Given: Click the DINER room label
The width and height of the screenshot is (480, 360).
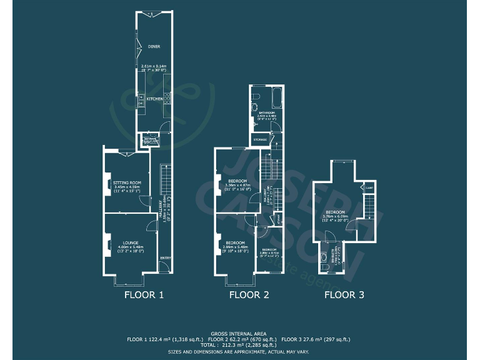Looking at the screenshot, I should pyautogui.click(x=153, y=46).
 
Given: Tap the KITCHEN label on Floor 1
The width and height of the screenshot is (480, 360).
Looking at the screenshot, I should pyautogui.click(x=154, y=99).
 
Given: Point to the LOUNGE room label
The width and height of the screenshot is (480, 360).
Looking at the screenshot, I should pyautogui.click(x=131, y=242).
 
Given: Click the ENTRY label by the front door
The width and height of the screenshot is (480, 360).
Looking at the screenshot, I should pyautogui.click(x=165, y=258).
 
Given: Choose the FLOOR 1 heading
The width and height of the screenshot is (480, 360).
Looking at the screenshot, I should pyautogui.click(x=144, y=295).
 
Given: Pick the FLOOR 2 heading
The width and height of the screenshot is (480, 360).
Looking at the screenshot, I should pyautogui.click(x=249, y=295).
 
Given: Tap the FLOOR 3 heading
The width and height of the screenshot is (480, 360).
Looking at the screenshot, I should pyautogui.click(x=344, y=295).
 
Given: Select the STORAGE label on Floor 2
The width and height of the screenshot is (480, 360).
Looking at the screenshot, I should pyautogui.click(x=260, y=139).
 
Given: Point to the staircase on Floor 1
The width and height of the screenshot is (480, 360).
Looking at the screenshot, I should pyautogui.click(x=165, y=178).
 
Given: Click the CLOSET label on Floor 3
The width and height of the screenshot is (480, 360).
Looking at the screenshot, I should pyautogui.click(x=369, y=187).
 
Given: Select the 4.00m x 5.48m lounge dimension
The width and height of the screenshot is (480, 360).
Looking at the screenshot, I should pyautogui.click(x=131, y=247).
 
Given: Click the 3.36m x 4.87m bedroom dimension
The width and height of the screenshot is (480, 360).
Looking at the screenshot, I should pyautogui.click(x=237, y=185).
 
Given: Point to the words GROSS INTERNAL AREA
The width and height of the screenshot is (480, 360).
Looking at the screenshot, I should pyautogui.click(x=240, y=333).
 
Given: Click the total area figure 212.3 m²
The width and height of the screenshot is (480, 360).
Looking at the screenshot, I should pyautogui.click(x=240, y=344).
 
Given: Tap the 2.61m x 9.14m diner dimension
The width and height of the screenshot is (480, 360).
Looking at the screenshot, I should pyautogui.click(x=153, y=66).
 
